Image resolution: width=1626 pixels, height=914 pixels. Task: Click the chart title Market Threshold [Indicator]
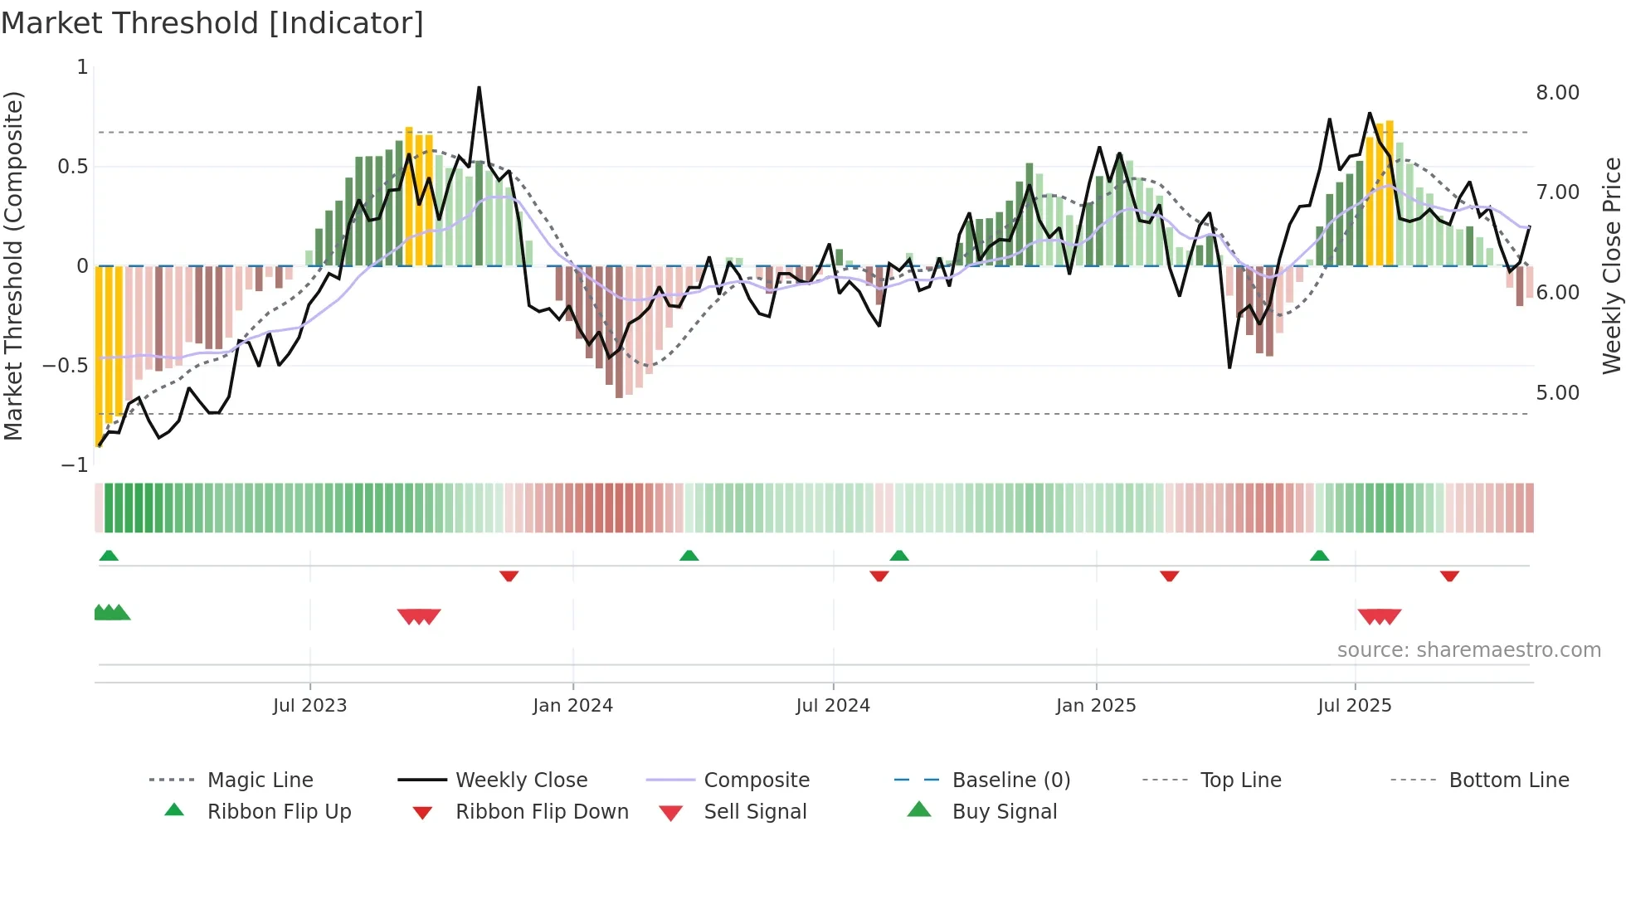click(x=212, y=23)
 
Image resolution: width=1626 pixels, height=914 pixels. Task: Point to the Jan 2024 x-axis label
click(x=572, y=706)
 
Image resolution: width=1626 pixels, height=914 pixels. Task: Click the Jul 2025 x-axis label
click(x=1354, y=706)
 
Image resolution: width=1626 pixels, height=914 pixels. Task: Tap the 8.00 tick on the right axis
click(x=1557, y=93)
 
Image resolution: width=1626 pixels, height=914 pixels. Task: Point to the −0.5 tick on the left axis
click(x=66, y=366)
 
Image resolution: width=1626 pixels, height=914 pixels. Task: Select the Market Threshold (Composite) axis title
click(x=13, y=265)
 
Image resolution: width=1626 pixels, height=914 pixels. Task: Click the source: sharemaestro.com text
click(x=1468, y=650)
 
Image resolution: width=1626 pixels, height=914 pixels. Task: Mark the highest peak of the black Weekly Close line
click(x=479, y=88)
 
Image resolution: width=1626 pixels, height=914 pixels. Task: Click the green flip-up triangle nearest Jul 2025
click(x=1319, y=556)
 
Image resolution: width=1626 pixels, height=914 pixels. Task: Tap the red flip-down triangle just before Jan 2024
click(x=509, y=576)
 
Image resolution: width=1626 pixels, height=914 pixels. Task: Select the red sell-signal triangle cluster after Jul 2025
click(x=1379, y=616)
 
